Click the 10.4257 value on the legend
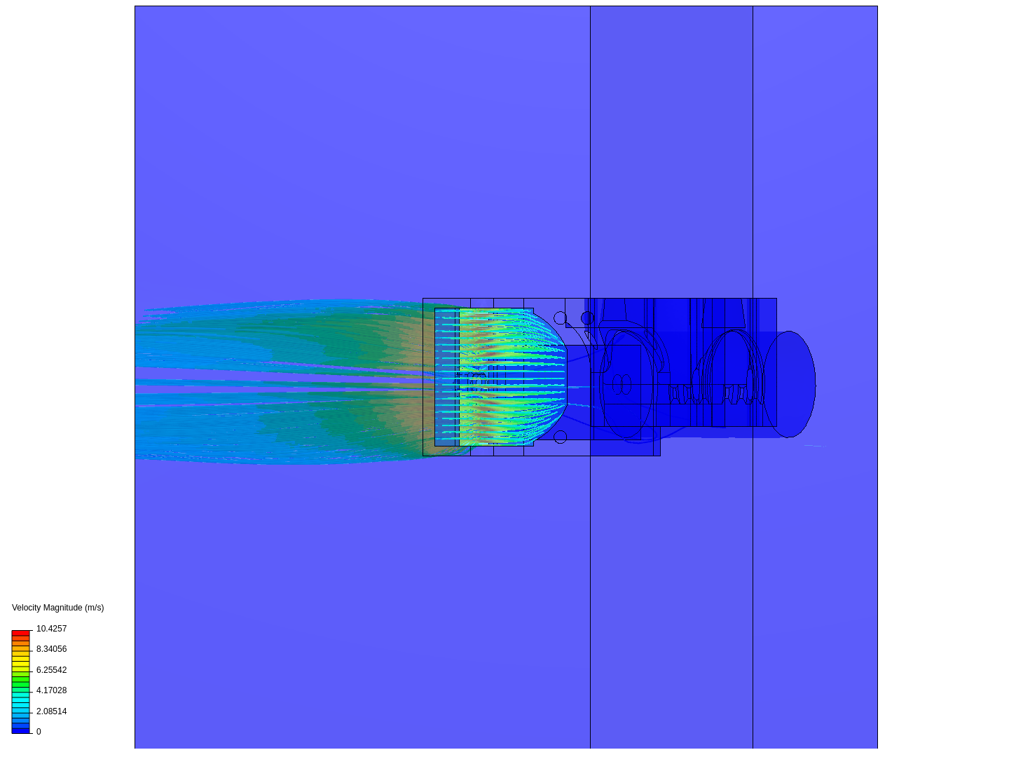pos(51,628)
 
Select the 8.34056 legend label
pos(51,649)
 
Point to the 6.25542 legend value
pos(51,669)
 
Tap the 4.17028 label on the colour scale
pos(51,690)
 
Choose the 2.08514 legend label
pos(51,711)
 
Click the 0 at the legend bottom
pos(39,731)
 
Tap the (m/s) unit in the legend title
pos(94,608)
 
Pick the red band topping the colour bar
pos(21,633)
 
